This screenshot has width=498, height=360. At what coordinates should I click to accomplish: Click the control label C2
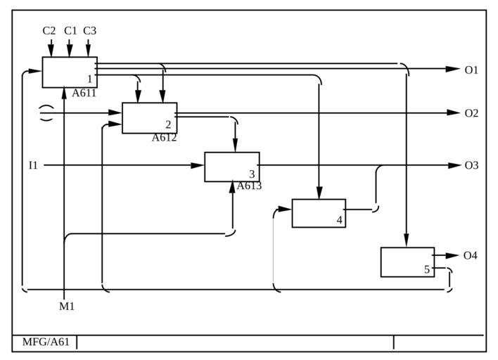click(49, 31)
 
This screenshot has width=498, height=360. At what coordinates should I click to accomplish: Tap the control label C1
click(70, 31)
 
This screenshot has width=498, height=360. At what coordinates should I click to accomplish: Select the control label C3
click(90, 31)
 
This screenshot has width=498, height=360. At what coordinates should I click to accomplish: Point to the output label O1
click(471, 70)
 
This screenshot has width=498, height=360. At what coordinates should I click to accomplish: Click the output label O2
click(471, 113)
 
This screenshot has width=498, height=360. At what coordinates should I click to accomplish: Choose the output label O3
click(471, 166)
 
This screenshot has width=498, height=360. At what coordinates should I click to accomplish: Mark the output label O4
click(471, 256)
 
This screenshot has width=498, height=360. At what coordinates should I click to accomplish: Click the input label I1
click(33, 166)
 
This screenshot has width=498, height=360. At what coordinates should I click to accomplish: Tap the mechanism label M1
click(67, 307)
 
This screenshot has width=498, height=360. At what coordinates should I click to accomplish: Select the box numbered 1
click(70, 72)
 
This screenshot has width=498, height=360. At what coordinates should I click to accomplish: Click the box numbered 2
click(149, 118)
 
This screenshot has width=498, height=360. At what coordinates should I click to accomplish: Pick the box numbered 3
click(231, 167)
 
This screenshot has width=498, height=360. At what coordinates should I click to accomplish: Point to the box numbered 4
click(319, 213)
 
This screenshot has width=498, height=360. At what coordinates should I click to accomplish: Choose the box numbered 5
click(407, 262)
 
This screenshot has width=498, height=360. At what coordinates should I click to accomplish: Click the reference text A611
click(84, 93)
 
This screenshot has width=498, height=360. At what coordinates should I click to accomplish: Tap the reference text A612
click(164, 138)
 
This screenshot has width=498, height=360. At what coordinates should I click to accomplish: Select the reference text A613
click(249, 186)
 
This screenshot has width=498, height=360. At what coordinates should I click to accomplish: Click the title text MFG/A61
click(46, 342)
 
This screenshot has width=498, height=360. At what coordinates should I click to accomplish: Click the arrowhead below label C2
click(51, 51)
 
